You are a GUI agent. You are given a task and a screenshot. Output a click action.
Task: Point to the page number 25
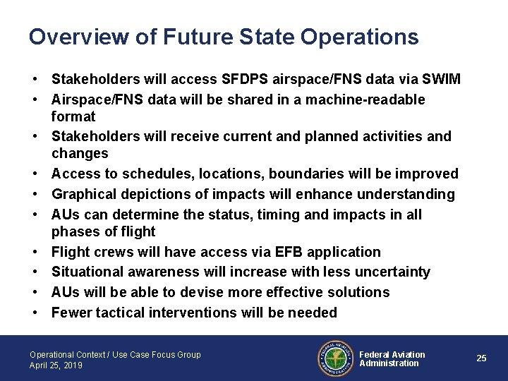(481, 358)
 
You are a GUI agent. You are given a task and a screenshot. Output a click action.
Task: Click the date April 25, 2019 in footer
(56, 365)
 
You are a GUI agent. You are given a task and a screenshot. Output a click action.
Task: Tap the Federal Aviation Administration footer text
(392, 359)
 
